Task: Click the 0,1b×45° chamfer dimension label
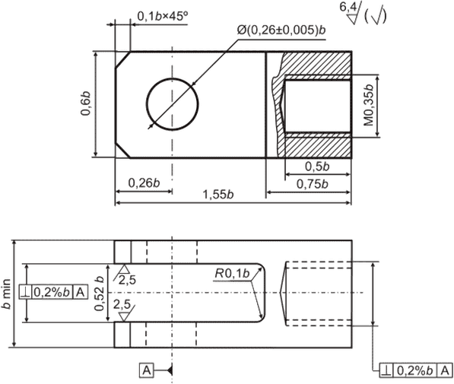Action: click(x=163, y=17)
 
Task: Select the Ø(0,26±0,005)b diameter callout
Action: click(x=281, y=30)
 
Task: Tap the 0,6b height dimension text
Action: click(x=86, y=103)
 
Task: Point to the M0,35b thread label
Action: click(x=369, y=105)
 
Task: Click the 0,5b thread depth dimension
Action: click(x=317, y=167)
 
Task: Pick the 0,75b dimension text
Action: click(x=313, y=184)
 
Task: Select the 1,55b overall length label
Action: click(x=218, y=195)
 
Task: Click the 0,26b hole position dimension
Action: click(x=144, y=183)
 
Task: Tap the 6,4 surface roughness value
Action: click(x=348, y=7)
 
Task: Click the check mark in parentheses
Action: click(x=376, y=17)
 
